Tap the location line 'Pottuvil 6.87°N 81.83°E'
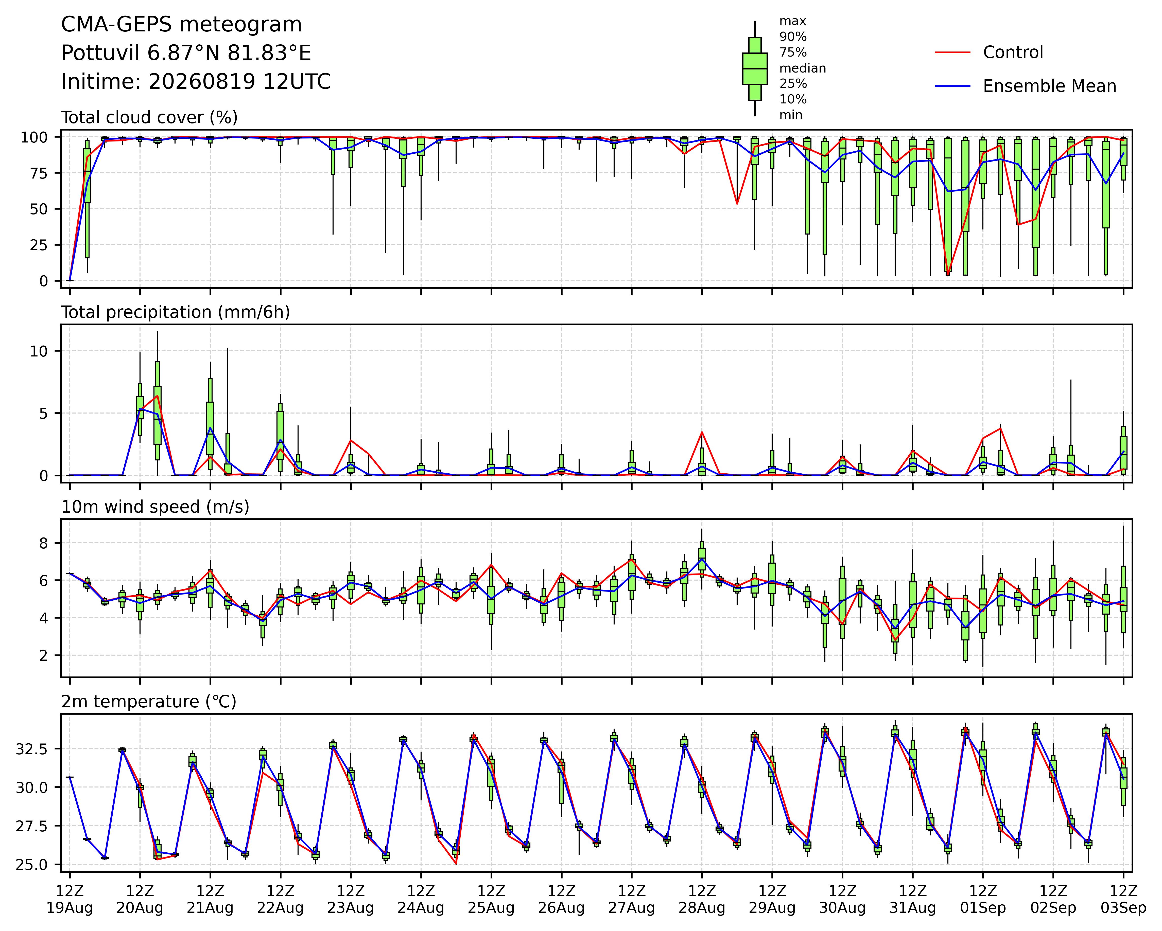[x=186, y=53]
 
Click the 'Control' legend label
[x=1013, y=52]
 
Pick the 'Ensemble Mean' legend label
[x=1049, y=86]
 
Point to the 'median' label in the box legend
[x=803, y=68]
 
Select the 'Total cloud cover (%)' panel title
[x=149, y=117]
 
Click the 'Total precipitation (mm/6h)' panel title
[x=176, y=312]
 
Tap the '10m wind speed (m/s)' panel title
[x=155, y=507]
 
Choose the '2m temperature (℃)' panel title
[x=149, y=702]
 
